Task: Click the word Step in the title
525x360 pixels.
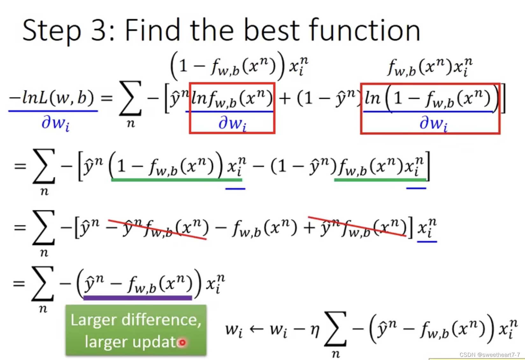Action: (52, 31)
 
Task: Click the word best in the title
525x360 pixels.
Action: (272, 30)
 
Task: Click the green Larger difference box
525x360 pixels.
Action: (136, 330)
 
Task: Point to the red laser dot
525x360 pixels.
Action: (182, 343)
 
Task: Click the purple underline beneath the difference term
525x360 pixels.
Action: (138, 298)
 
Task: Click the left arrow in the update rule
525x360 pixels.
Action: (256, 329)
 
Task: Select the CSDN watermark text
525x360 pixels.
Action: (490, 355)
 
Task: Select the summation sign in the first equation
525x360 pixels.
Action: (130, 98)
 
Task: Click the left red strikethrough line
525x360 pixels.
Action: (157, 229)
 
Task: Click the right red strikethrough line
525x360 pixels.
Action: (357, 227)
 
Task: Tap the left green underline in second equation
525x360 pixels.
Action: (177, 180)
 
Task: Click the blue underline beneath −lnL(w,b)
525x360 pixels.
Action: (53, 111)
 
